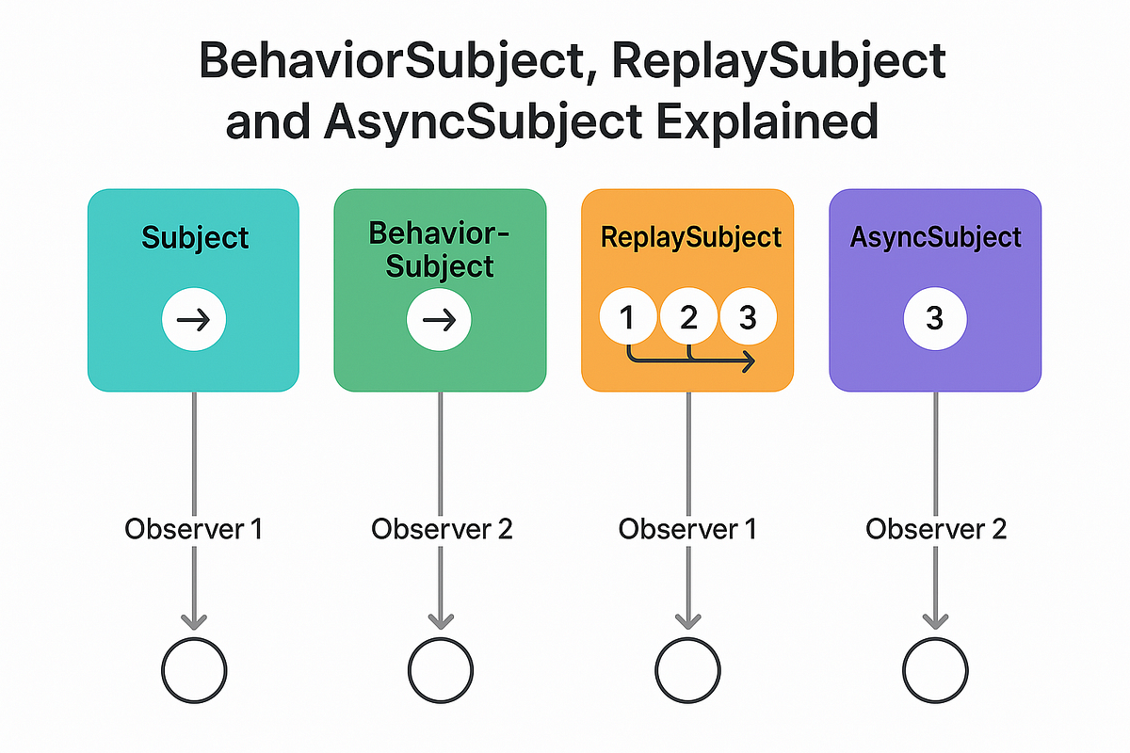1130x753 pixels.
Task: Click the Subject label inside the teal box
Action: point(194,237)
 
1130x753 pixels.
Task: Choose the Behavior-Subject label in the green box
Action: point(441,249)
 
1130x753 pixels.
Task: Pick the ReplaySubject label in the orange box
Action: point(691,236)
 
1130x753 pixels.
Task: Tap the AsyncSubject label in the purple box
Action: point(935,237)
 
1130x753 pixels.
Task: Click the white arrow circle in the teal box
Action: point(194,320)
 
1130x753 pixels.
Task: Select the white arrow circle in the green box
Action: point(439,320)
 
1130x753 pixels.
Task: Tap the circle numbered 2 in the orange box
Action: point(688,318)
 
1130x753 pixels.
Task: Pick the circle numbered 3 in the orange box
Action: point(748,318)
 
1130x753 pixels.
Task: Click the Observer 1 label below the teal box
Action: point(193,529)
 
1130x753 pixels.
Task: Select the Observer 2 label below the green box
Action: point(441,529)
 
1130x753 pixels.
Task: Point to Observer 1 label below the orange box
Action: point(687,529)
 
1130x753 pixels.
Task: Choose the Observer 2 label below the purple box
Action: point(935,529)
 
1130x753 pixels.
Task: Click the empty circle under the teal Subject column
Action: point(194,671)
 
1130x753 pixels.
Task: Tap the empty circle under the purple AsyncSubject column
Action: point(935,671)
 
